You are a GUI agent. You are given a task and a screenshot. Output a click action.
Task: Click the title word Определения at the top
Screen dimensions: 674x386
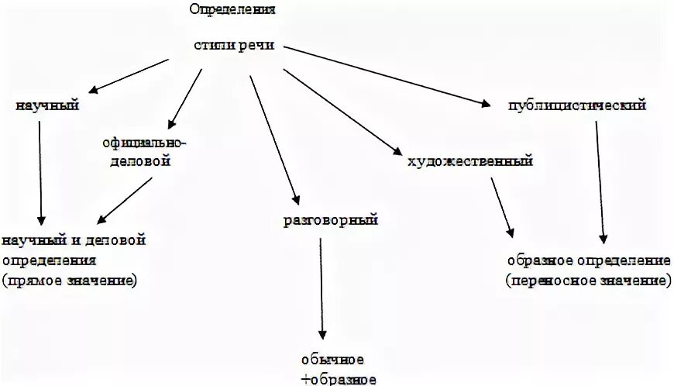pos(232,10)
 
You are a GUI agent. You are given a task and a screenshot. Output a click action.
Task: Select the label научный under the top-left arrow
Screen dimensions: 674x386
pos(47,105)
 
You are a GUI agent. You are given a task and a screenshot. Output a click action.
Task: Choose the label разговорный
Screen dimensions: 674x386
pos(330,221)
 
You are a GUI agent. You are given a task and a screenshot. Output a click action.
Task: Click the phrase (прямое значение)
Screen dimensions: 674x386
pos(70,280)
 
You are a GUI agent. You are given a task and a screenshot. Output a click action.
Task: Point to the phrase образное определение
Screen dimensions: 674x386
pos(589,260)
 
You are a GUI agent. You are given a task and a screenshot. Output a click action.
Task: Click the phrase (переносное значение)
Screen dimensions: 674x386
pos(589,280)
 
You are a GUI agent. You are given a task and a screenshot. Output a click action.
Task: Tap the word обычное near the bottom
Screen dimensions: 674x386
pos(333,360)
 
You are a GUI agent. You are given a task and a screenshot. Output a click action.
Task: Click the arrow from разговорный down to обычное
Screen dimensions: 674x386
pos(321,287)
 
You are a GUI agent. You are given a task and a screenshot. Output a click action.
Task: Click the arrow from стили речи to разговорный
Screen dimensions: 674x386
pos(273,136)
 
